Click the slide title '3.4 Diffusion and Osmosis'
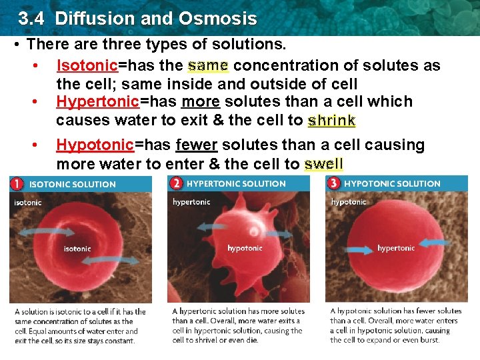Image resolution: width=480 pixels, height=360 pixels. pos(137,18)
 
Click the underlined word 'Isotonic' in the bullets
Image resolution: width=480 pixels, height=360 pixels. pos(87,65)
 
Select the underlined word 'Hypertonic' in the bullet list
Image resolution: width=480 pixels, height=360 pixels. pos(97,101)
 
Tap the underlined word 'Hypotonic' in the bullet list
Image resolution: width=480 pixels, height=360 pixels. pos(95,145)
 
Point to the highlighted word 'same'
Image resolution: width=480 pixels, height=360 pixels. pos(208,65)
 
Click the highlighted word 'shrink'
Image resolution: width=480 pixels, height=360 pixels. pos(331,121)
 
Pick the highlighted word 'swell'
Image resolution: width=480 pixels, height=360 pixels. pos(323,164)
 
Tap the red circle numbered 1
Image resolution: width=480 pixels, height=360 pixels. pos(17,183)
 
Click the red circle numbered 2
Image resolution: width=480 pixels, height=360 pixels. pos(176,183)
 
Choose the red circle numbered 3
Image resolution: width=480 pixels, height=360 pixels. pos(333,183)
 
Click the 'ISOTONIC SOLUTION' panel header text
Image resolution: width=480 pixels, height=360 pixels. pos(72,184)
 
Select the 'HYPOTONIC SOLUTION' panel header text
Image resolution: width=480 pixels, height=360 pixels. pos(392,183)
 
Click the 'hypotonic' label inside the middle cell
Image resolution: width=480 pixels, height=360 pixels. pos(245,248)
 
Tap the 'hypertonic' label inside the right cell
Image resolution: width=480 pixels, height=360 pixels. pos(396,248)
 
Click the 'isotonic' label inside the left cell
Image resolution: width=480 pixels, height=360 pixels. pos(77,249)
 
